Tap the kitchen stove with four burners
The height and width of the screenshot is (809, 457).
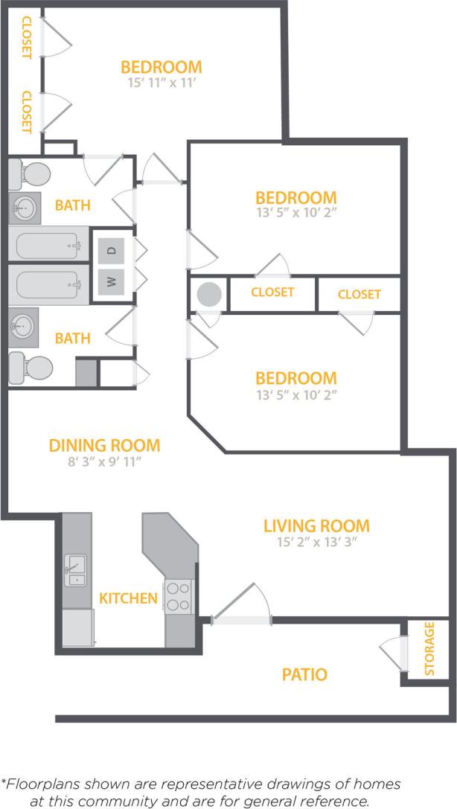[178, 596]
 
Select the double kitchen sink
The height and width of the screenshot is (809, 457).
[74, 570]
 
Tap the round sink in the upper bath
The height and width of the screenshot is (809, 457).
[25, 207]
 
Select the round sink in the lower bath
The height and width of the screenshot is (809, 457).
[25, 325]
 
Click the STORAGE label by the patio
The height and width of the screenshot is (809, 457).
[429, 648]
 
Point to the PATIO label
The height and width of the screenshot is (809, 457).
[304, 675]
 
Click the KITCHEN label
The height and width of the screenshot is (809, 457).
[129, 598]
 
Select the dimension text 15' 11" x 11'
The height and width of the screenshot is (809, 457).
[161, 83]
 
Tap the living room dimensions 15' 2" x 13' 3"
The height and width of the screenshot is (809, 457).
[316, 543]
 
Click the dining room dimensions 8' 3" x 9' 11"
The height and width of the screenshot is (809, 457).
[104, 462]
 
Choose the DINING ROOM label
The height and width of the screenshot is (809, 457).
[104, 446]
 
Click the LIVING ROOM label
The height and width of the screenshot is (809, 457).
[316, 526]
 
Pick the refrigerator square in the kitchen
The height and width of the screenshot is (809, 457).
[77, 627]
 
